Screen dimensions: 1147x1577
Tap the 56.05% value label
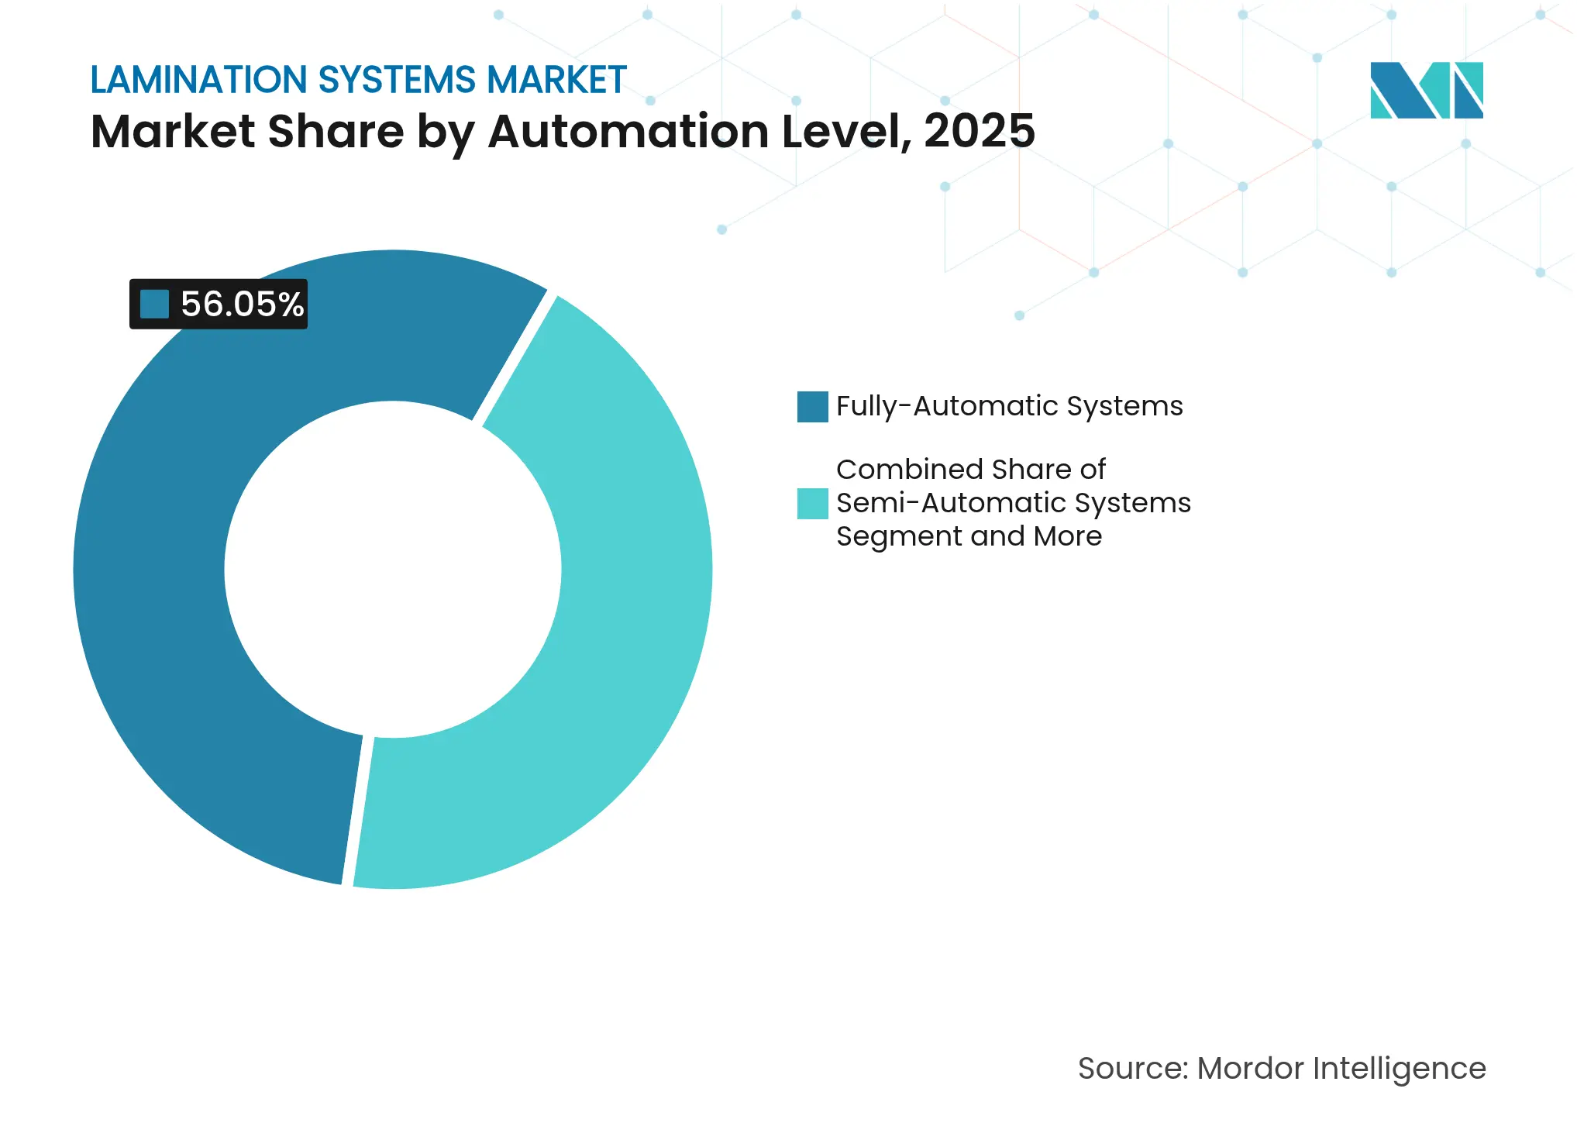[x=242, y=304]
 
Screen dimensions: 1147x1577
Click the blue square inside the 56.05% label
[x=154, y=304]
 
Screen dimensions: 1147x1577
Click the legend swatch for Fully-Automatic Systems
[x=812, y=407]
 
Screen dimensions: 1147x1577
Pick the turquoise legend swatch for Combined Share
[x=812, y=503]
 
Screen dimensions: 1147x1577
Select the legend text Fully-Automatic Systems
[x=1009, y=406]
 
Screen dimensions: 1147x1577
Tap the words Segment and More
[x=969, y=536]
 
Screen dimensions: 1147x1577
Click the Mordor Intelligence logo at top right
[x=1426, y=90]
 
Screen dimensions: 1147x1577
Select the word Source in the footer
[x=1131, y=1069]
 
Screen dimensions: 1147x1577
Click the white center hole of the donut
[x=393, y=570]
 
